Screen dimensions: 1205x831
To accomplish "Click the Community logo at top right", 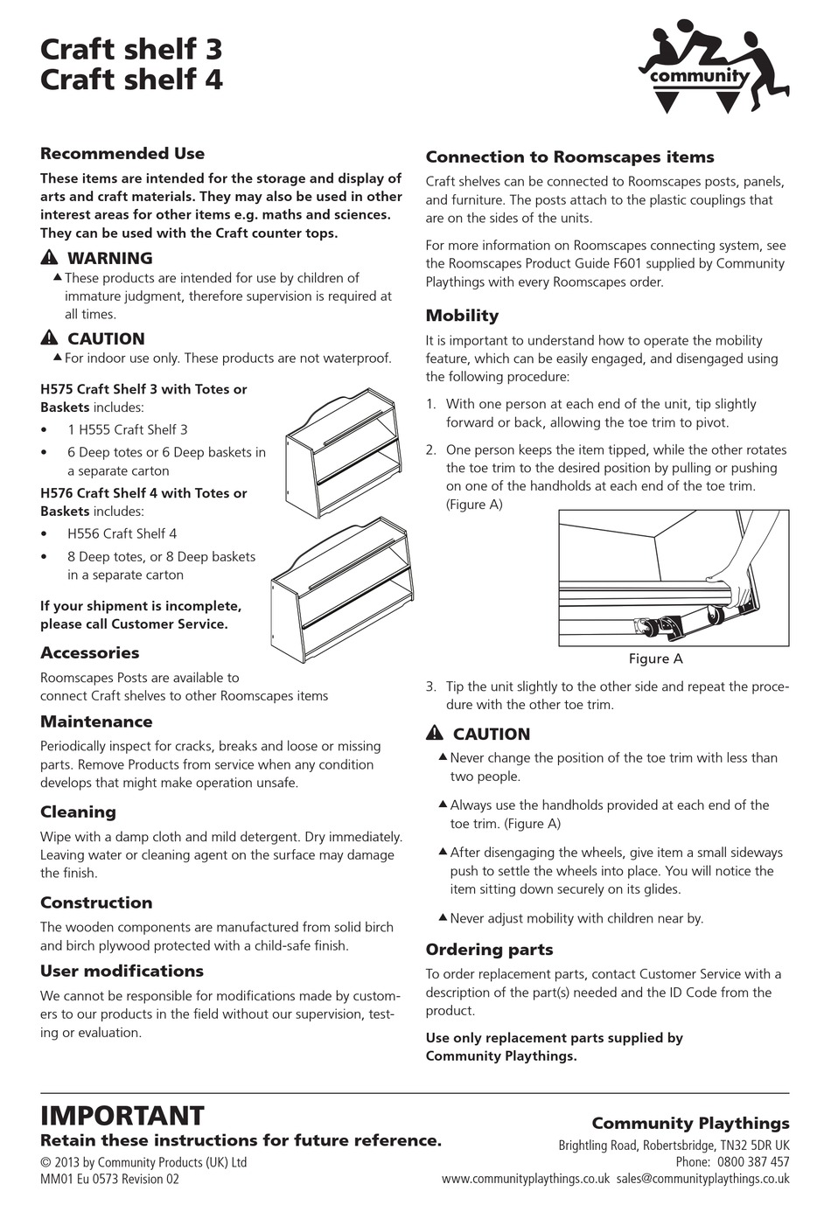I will (713, 70).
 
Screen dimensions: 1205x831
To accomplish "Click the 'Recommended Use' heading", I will (122, 154).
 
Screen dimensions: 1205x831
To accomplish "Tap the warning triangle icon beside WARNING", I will (49, 258).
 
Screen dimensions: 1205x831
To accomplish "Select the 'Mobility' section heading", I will (462, 316).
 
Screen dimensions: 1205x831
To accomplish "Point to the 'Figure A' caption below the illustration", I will (655, 659).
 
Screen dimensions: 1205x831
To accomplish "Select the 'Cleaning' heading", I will (78, 812).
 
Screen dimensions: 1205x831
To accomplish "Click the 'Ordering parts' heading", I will (489, 950).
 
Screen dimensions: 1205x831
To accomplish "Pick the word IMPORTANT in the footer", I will (122, 1116).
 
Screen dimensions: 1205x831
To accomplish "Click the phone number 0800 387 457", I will (752, 1162).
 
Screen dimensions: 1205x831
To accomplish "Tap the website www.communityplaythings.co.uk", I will (525, 1179).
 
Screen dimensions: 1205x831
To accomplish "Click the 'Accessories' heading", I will (89, 653).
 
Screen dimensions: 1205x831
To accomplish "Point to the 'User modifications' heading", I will (122, 972).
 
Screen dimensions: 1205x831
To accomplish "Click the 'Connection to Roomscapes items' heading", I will (569, 157).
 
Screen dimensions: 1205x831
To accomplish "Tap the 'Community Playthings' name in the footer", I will (690, 1124).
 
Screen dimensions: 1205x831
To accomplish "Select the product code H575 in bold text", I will (57, 389).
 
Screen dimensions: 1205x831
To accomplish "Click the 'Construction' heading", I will (96, 903).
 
